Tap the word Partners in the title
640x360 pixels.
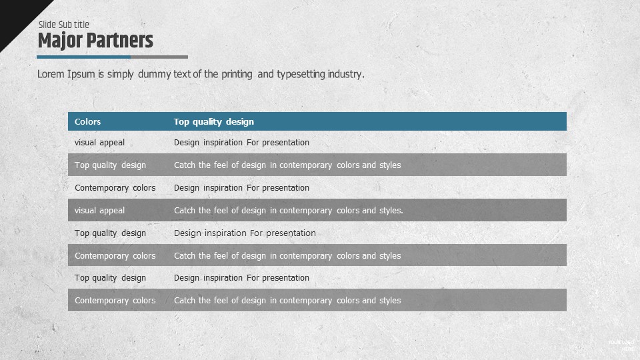(120, 40)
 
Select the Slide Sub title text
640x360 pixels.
(64, 25)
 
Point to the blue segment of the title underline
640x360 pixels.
(84, 57)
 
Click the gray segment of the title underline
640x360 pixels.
(159, 57)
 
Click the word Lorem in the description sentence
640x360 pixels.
(51, 74)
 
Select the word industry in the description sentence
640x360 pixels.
(345, 74)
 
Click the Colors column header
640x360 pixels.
(87, 121)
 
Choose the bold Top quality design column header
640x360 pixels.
(214, 121)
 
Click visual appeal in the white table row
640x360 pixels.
(99, 143)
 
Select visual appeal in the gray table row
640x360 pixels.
(99, 211)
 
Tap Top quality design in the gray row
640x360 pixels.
(110, 165)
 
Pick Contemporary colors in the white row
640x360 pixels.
(115, 188)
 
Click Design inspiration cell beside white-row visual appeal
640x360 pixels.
(241, 143)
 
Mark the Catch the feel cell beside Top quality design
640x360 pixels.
(287, 165)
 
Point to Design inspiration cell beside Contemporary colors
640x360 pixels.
(241, 188)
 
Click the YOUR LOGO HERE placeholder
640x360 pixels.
(621, 346)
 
